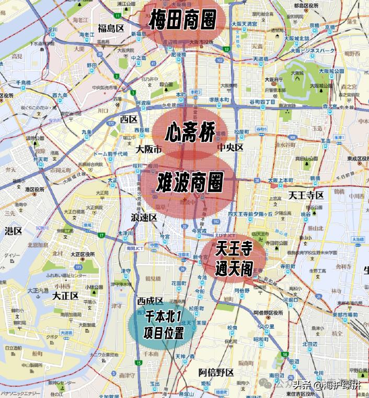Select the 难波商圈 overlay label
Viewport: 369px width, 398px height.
(190, 182)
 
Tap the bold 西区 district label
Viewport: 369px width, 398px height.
(128, 119)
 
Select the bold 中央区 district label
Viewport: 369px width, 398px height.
(231, 147)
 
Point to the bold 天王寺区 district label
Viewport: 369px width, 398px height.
(306, 196)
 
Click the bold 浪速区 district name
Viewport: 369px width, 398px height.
(144, 217)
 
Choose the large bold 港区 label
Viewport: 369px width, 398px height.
(13, 230)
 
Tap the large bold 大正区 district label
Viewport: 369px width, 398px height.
(65, 295)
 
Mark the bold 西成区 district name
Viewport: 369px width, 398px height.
(150, 301)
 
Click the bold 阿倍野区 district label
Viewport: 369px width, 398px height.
(216, 372)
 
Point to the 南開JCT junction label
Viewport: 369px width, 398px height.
(135, 249)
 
